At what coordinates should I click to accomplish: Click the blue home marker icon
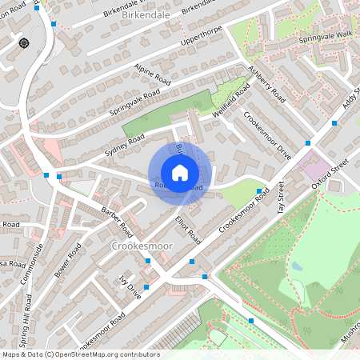[180, 173]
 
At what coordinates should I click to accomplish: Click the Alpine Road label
[153, 76]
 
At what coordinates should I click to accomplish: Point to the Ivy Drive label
[129, 286]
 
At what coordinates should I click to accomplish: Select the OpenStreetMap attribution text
[80, 354]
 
